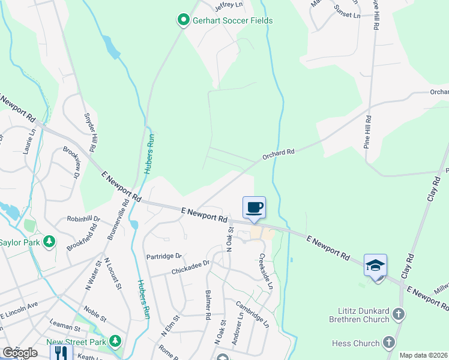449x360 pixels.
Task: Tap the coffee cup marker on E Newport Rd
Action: pos(253,207)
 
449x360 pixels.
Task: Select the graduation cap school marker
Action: pos(375,265)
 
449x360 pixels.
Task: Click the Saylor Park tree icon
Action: pos(49,242)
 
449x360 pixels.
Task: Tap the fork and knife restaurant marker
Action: pos(62,352)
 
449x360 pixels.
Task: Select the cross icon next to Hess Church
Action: pos(388,343)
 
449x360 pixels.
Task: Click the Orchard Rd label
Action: pos(279,155)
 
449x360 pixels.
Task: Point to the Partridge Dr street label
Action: pos(164,256)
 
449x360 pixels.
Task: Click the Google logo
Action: pos(20,353)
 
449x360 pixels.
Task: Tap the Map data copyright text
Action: pos(423,355)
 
